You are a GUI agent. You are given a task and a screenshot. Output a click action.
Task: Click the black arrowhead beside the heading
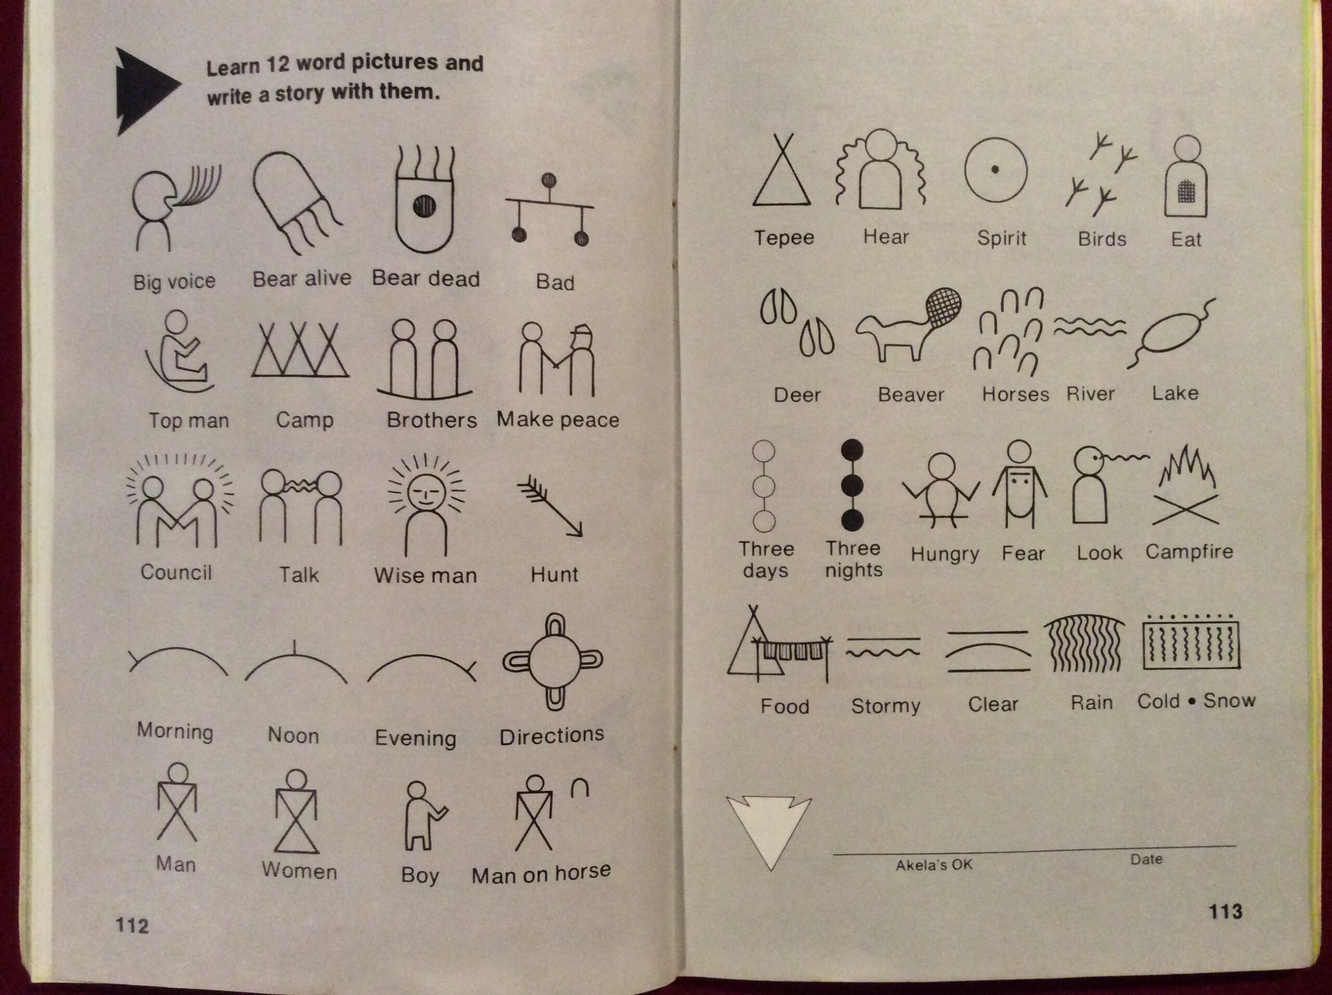coord(145,91)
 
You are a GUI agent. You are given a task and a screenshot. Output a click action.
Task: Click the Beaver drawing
coord(908,325)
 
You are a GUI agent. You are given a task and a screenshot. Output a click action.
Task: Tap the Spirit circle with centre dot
coord(995,170)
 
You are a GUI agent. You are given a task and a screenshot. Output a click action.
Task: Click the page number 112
coord(132,925)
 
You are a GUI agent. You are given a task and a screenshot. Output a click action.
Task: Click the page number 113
coord(1225,911)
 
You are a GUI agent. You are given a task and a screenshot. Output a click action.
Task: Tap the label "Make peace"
coord(558,419)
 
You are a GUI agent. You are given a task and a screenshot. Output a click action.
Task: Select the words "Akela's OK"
coord(934,865)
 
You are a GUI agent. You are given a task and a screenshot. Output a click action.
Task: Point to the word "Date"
coord(1146,859)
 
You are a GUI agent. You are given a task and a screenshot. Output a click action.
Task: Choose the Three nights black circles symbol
coord(852,486)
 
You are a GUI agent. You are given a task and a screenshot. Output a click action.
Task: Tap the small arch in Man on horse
coord(579,788)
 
